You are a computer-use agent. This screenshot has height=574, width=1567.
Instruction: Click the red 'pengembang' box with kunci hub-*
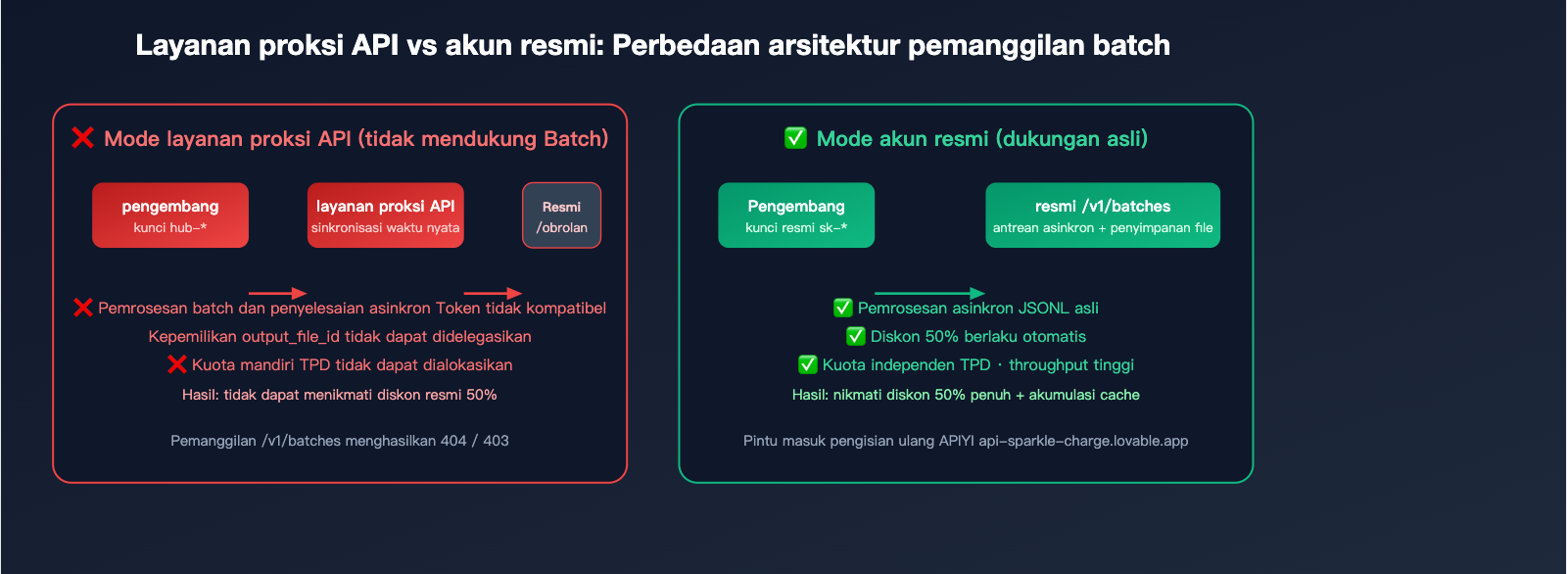click(x=170, y=215)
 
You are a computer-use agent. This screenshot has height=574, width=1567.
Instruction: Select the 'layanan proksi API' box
click(x=385, y=215)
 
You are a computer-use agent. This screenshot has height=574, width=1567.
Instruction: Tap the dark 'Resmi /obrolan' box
click(x=561, y=215)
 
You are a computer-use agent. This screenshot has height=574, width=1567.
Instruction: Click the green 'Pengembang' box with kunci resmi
click(x=796, y=215)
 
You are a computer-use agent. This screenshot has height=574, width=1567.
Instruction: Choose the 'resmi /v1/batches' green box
click(x=1103, y=215)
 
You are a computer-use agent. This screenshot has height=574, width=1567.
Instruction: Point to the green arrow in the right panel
click(x=929, y=293)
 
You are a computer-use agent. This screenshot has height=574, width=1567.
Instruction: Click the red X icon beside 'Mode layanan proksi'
click(x=83, y=138)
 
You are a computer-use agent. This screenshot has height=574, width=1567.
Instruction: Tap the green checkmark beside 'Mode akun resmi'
click(x=795, y=138)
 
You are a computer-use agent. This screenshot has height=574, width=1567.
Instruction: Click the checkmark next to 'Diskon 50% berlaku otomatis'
click(x=856, y=336)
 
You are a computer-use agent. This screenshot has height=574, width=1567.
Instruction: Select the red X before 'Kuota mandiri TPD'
click(x=177, y=364)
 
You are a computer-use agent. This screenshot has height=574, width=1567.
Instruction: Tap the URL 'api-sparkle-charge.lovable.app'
click(x=1083, y=441)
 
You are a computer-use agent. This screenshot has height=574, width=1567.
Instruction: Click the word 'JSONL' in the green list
click(x=1044, y=308)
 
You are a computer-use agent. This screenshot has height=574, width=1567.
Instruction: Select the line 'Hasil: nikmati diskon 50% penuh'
click(x=966, y=395)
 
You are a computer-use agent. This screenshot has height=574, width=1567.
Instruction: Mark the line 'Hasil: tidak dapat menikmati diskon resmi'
click(x=339, y=395)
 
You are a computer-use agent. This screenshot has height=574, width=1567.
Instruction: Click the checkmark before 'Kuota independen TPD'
click(x=808, y=364)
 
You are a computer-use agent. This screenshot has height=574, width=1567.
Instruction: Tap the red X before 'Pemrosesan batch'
click(x=83, y=308)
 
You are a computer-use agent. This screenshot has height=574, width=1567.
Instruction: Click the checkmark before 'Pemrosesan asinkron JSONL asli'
click(x=842, y=308)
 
